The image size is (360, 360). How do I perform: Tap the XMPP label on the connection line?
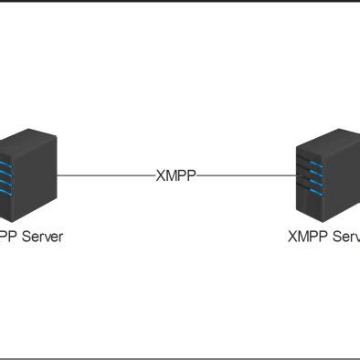pos(175,175)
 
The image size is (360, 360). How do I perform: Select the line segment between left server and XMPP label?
pos(105,175)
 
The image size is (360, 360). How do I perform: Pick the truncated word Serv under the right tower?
pos(344,236)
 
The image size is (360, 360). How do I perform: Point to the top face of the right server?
pos(334,133)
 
